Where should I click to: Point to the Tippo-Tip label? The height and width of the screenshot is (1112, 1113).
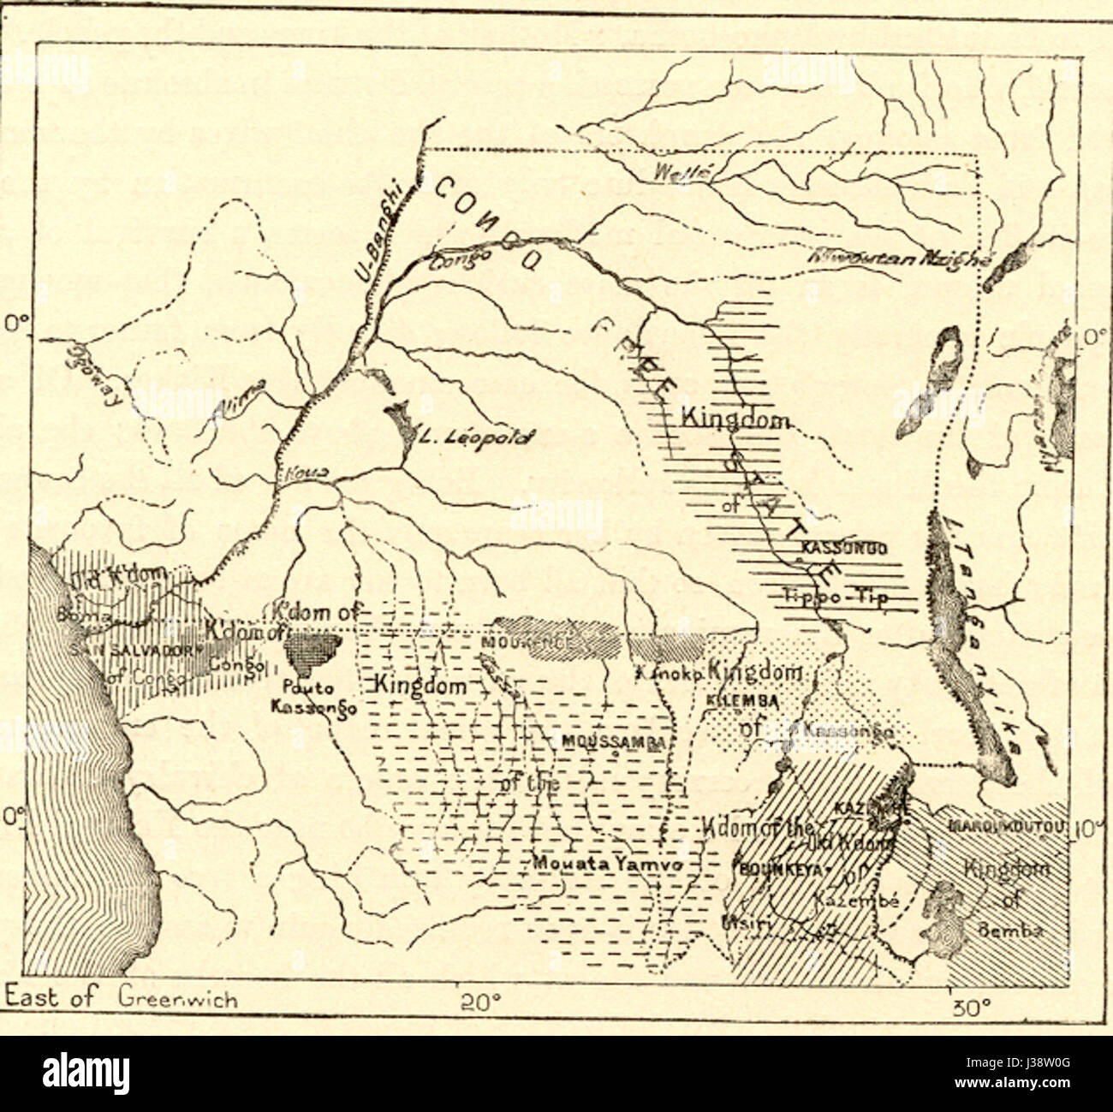(x=835, y=596)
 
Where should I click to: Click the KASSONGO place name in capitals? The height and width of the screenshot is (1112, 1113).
(x=843, y=548)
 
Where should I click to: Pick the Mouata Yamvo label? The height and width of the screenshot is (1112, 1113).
(x=607, y=865)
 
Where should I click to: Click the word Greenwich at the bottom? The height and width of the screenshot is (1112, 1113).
(x=178, y=998)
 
